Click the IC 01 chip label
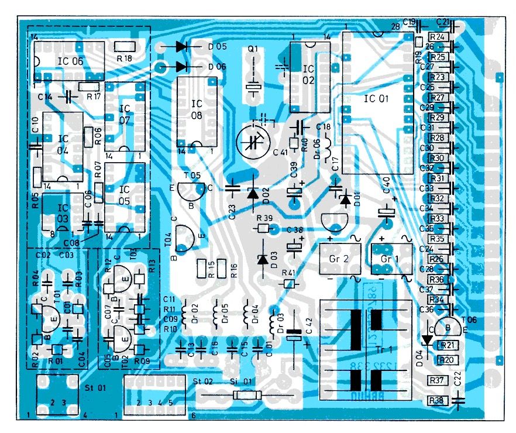click(376, 99)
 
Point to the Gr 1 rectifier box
click(385, 258)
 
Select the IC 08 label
click(197, 110)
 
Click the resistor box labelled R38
click(436, 401)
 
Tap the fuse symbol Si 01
click(243, 396)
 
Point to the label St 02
click(201, 382)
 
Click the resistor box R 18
click(124, 47)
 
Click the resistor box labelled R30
click(438, 158)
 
